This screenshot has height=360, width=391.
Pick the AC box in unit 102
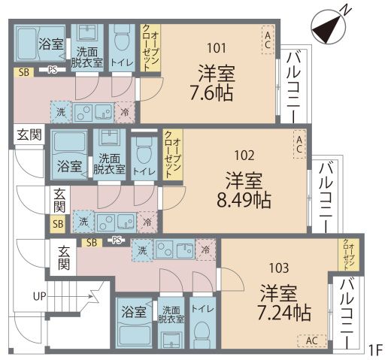299,143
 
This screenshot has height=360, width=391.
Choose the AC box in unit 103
311,340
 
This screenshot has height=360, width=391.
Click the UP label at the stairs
39,296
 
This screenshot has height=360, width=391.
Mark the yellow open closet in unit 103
348,256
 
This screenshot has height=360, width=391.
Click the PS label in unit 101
53,71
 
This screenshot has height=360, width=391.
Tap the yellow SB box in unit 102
57,223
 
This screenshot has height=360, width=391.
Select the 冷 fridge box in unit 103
205,249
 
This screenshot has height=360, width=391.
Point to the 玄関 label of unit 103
65,257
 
